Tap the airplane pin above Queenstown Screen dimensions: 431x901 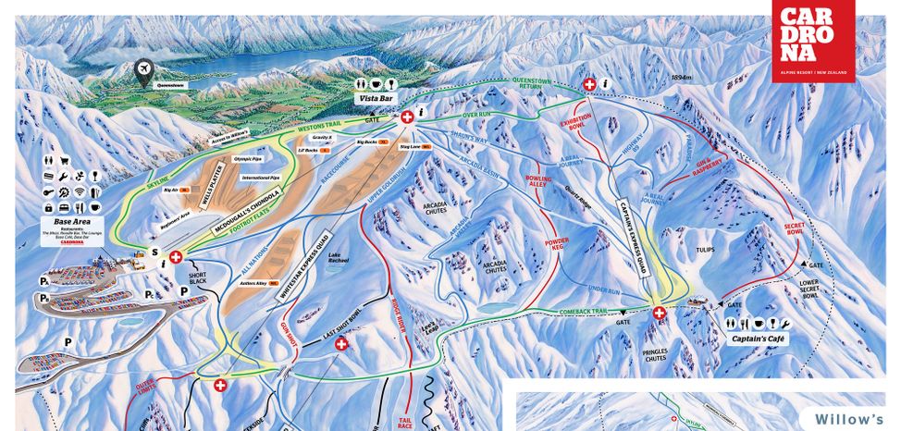coord(144,70)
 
